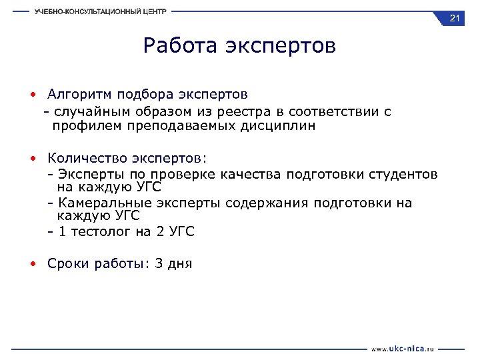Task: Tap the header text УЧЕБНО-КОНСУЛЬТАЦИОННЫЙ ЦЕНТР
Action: coord(101,11)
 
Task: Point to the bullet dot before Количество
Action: coord(33,159)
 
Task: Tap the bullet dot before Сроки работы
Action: coord(33,264)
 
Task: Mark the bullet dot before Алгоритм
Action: coord(33,95)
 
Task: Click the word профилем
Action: coord(84,126)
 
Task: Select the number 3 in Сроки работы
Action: coord(158,264)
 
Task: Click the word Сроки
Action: coord(66,264)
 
